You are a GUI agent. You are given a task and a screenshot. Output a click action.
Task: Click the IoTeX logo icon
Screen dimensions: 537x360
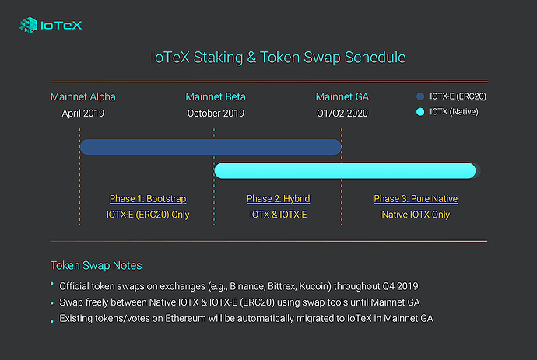click(29, 25)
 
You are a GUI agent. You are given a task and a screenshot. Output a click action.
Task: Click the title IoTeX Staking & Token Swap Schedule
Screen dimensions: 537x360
click(278, 57)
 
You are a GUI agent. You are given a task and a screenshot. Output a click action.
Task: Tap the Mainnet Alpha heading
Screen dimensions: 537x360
click(82, 97)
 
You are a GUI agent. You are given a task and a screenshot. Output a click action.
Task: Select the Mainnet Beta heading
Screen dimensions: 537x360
click(216, 97)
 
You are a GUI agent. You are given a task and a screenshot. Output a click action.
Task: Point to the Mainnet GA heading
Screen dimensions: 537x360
click(342, 97)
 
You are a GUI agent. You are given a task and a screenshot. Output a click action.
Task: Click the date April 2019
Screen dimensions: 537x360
click(82, 114)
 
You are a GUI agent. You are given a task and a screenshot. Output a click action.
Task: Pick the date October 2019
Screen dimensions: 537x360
click(216, 114)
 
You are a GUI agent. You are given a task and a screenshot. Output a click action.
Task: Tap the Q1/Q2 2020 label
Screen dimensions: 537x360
click(342, 114)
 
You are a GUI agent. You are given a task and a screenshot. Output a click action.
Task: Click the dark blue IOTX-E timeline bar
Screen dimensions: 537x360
click(211, 147)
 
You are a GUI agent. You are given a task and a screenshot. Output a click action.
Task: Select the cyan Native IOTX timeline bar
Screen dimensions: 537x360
click(346, 170)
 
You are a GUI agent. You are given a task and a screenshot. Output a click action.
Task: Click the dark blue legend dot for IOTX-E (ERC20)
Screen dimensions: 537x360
click(420, 96)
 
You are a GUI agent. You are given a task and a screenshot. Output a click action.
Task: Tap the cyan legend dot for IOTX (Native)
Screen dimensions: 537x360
click(420, 112)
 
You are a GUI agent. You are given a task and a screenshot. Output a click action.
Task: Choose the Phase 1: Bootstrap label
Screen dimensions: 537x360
click(148, 199)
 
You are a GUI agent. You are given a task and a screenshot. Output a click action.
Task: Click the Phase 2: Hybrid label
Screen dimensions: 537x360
click(278, 199)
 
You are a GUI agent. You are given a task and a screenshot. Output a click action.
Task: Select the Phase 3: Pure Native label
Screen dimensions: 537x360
click(416, 199)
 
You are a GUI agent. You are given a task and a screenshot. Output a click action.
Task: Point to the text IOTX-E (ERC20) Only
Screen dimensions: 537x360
click(148, 215)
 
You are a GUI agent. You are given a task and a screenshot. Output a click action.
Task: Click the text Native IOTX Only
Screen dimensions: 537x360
click(416, 215)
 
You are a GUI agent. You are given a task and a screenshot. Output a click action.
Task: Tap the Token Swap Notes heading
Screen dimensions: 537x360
click(96, 266)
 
